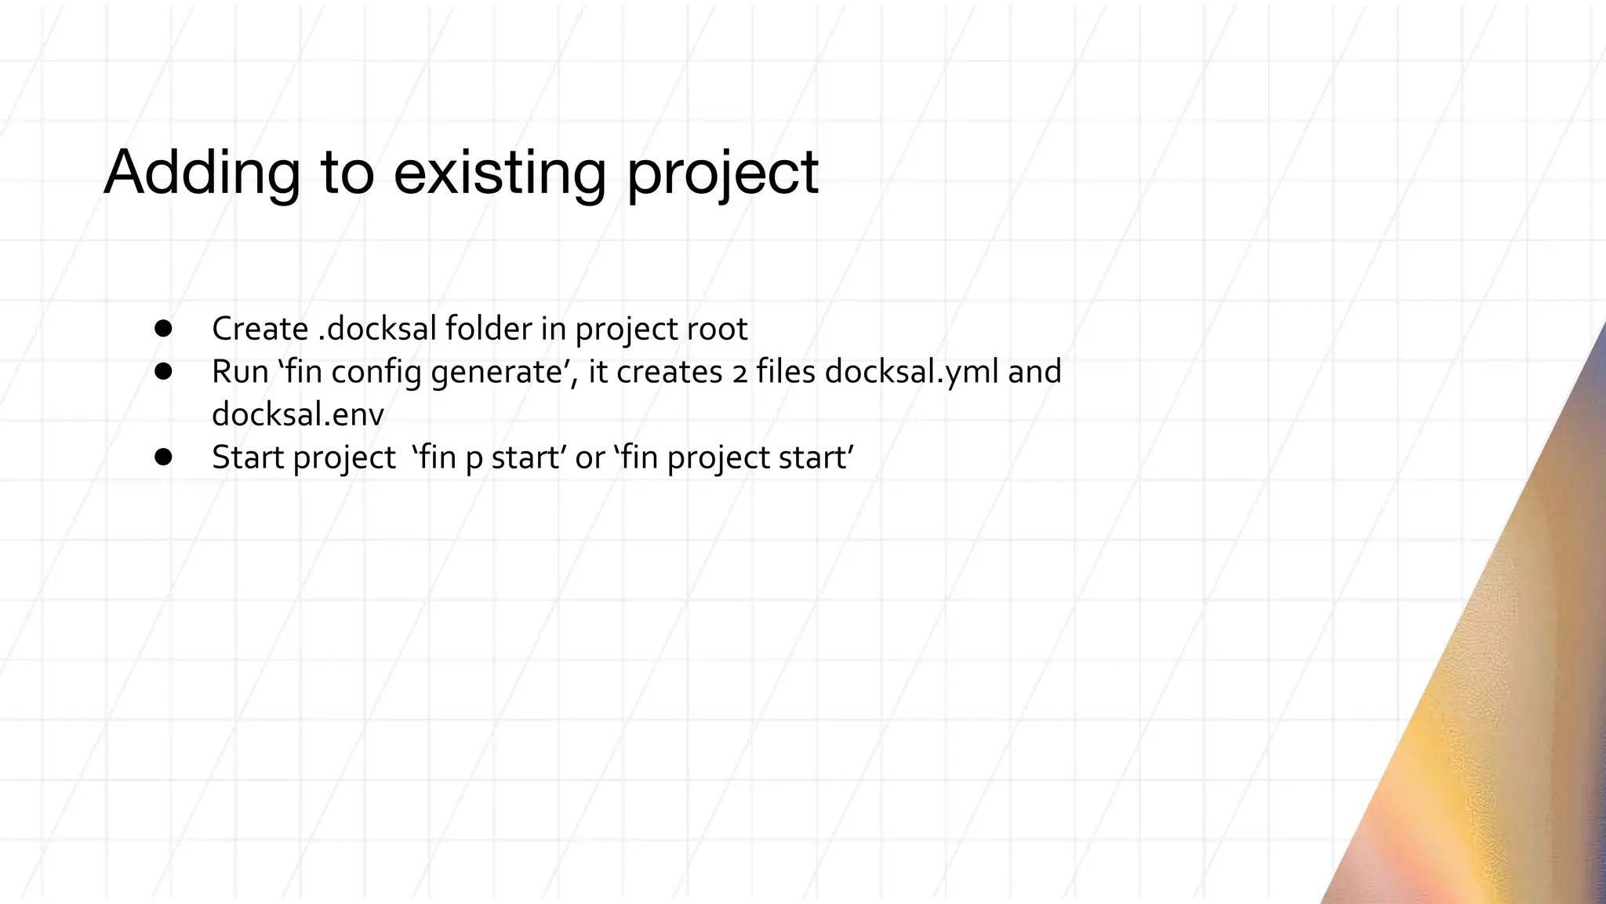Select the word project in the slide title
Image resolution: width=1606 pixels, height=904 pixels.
(722, 174)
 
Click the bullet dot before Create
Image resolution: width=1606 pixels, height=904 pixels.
(163, 328)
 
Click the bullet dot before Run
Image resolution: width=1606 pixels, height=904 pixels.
(163, 371)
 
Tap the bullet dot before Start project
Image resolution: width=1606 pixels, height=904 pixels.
(163, 457)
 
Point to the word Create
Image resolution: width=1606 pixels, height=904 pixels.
(260, 329)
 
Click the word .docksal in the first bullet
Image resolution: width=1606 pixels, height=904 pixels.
(377, 329)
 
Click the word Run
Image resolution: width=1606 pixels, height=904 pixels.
(240, 372)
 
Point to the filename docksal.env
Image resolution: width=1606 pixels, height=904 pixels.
(298, 414)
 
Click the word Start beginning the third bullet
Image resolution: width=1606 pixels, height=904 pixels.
(247, 457)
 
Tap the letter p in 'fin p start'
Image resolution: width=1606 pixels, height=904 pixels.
(474, 460)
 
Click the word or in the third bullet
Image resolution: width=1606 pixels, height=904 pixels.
(590, 458)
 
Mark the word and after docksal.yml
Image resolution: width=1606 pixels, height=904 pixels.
(1034, 372)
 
